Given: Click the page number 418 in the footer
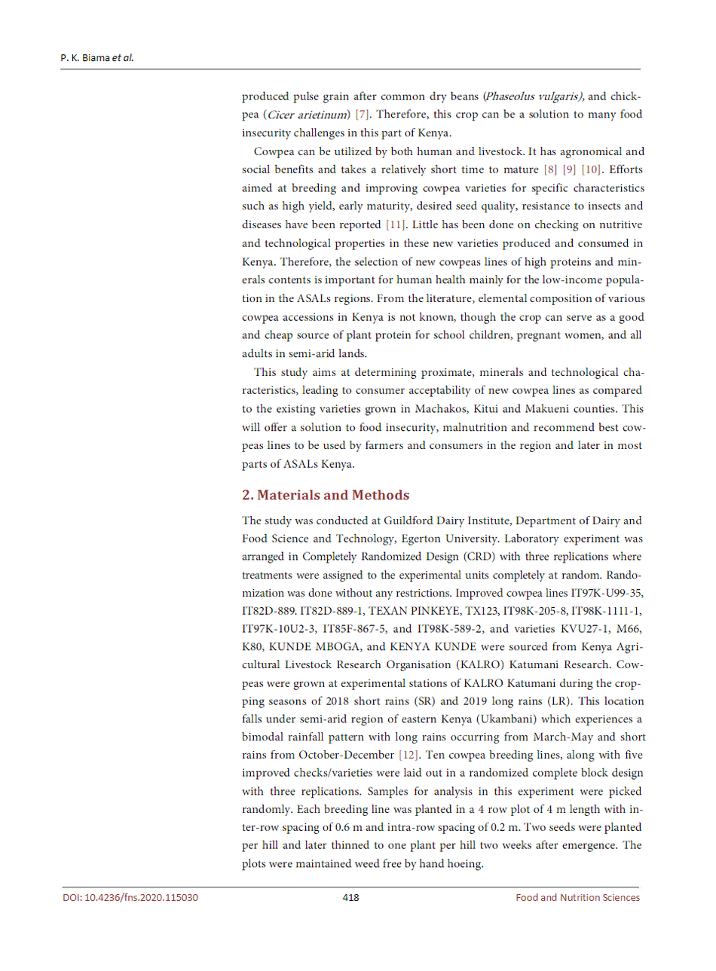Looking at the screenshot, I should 350,897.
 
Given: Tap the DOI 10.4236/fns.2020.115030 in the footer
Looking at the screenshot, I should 130,897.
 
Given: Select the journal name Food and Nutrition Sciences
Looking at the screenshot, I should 577,897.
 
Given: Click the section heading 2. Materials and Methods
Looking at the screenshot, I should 326,495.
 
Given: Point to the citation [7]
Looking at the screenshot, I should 363,115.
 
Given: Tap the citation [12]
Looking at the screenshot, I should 408,755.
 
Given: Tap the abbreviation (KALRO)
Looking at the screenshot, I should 485,664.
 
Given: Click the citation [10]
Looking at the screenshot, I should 592,169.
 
